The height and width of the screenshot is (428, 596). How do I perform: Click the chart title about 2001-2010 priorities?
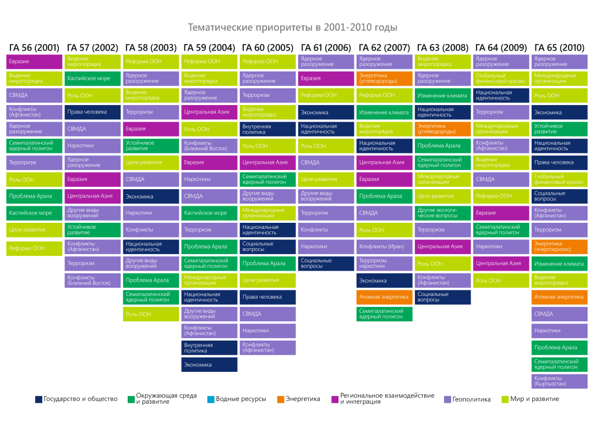[292, 28]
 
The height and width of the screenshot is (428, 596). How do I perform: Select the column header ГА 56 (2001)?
[34, 48]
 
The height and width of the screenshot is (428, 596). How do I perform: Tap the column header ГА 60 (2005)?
[267, 48]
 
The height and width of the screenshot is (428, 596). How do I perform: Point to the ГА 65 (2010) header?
[560, 48]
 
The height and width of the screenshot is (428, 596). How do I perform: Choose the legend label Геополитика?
[471, 399]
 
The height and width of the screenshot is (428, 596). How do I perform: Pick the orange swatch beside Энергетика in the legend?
[281, 399]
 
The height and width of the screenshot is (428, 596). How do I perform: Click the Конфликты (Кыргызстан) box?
[560, 381]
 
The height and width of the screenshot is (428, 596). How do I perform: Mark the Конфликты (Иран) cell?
[385, 246]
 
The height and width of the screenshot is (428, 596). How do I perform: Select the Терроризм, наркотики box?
[385, 264]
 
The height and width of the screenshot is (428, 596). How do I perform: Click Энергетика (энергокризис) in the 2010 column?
[560, 246]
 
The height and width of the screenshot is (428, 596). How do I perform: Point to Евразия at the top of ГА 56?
[34, 62]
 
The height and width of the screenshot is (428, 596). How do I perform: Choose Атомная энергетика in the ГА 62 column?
[385, 297]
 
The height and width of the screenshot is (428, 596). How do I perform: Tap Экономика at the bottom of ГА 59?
[209, 365]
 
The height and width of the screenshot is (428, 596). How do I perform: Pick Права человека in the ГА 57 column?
[92, 112]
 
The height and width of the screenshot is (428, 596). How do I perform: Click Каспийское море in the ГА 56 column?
[34, 213]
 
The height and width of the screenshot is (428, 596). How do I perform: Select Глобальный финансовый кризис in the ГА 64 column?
[501, 79]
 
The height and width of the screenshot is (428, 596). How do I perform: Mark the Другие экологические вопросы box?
[443, 213]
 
